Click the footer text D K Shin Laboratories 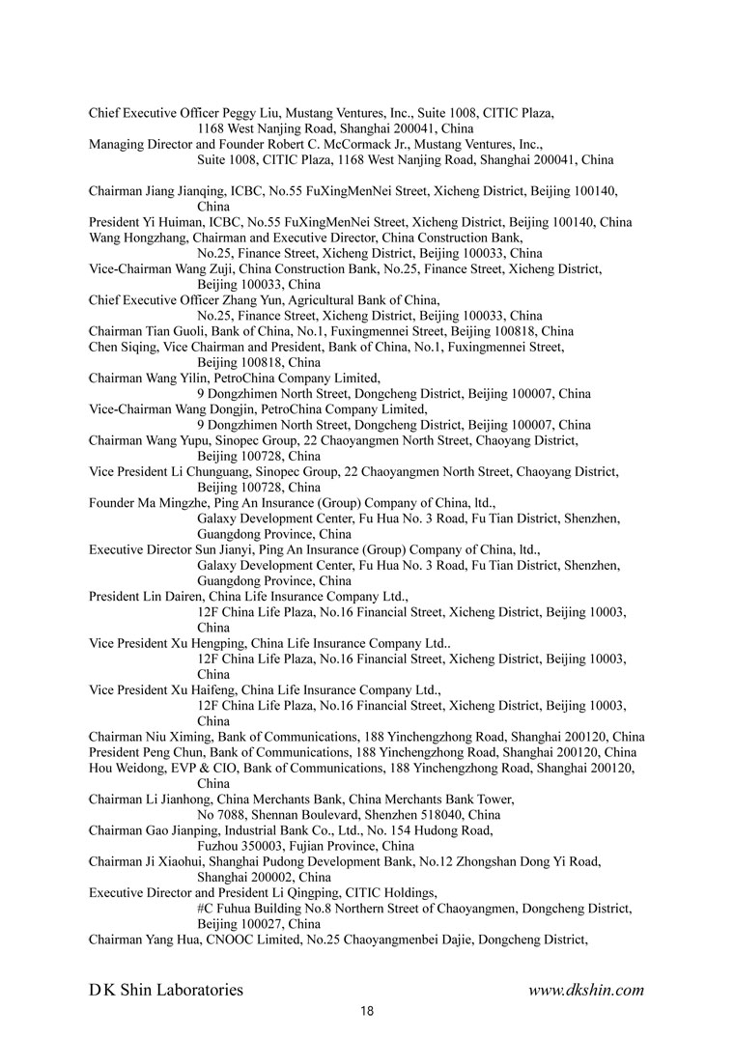pos(166,990)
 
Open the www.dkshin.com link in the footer pos(586,990)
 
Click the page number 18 pos(366,1011)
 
